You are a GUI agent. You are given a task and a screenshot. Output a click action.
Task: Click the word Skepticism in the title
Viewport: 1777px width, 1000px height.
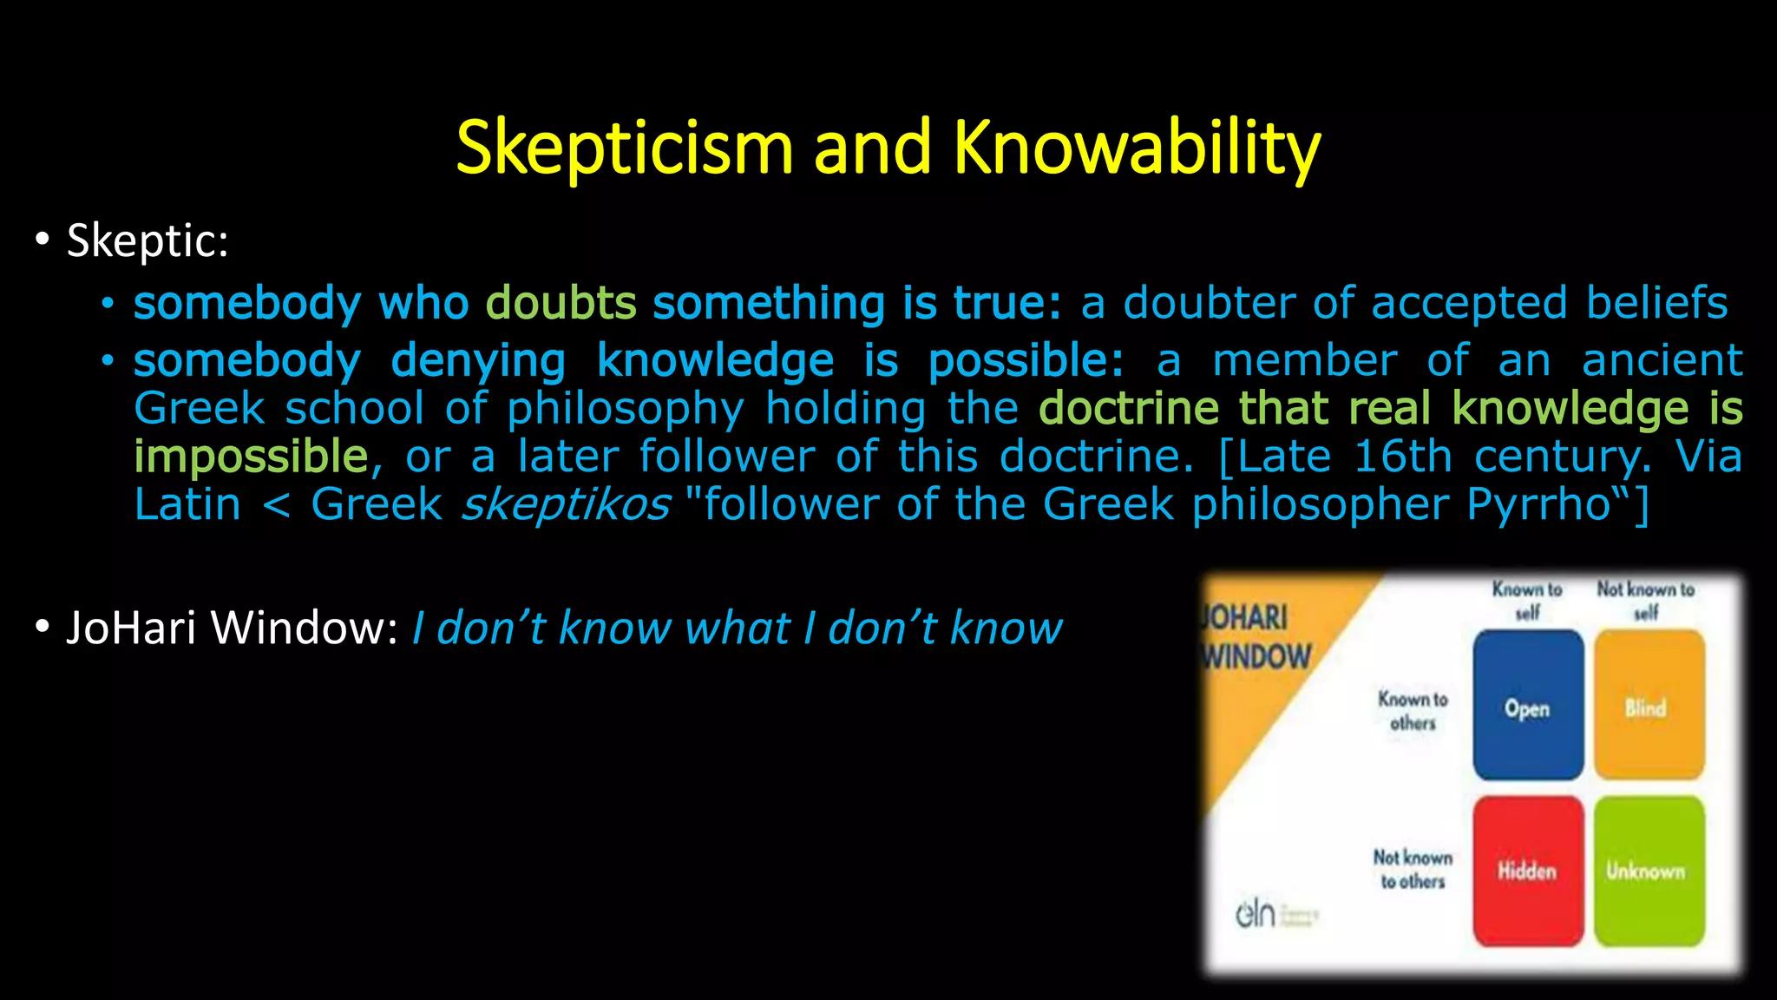624,148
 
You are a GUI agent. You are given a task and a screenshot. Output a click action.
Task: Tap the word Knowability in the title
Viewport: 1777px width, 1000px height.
1137,148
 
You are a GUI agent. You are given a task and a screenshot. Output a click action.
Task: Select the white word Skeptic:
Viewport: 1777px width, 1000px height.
148,240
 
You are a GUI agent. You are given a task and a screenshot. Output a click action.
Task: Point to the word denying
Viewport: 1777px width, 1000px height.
478,360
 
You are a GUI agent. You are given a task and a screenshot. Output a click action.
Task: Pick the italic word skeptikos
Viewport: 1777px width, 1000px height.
565,504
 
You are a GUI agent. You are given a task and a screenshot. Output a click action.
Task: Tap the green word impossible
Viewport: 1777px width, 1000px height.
252,457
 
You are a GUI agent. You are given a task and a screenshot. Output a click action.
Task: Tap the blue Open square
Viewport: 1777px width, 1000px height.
1528,706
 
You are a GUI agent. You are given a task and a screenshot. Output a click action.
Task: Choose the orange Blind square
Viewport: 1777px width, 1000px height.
1649,706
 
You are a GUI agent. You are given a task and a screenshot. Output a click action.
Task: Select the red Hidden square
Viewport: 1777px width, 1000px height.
1528,871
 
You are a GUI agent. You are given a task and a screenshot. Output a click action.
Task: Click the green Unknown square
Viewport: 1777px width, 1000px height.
1649,871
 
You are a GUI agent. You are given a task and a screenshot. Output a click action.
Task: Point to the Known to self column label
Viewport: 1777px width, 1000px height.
1527,601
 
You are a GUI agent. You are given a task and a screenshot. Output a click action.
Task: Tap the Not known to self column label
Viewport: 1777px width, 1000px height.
1646,601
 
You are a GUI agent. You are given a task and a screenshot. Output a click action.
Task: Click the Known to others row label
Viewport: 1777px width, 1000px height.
1413,711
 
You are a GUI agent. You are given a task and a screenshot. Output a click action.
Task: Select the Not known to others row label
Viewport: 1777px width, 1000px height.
1413,869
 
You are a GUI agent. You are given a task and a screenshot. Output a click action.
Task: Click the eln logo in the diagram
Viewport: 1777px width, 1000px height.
1256,913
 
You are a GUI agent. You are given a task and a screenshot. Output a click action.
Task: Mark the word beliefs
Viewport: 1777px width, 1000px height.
1657,303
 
